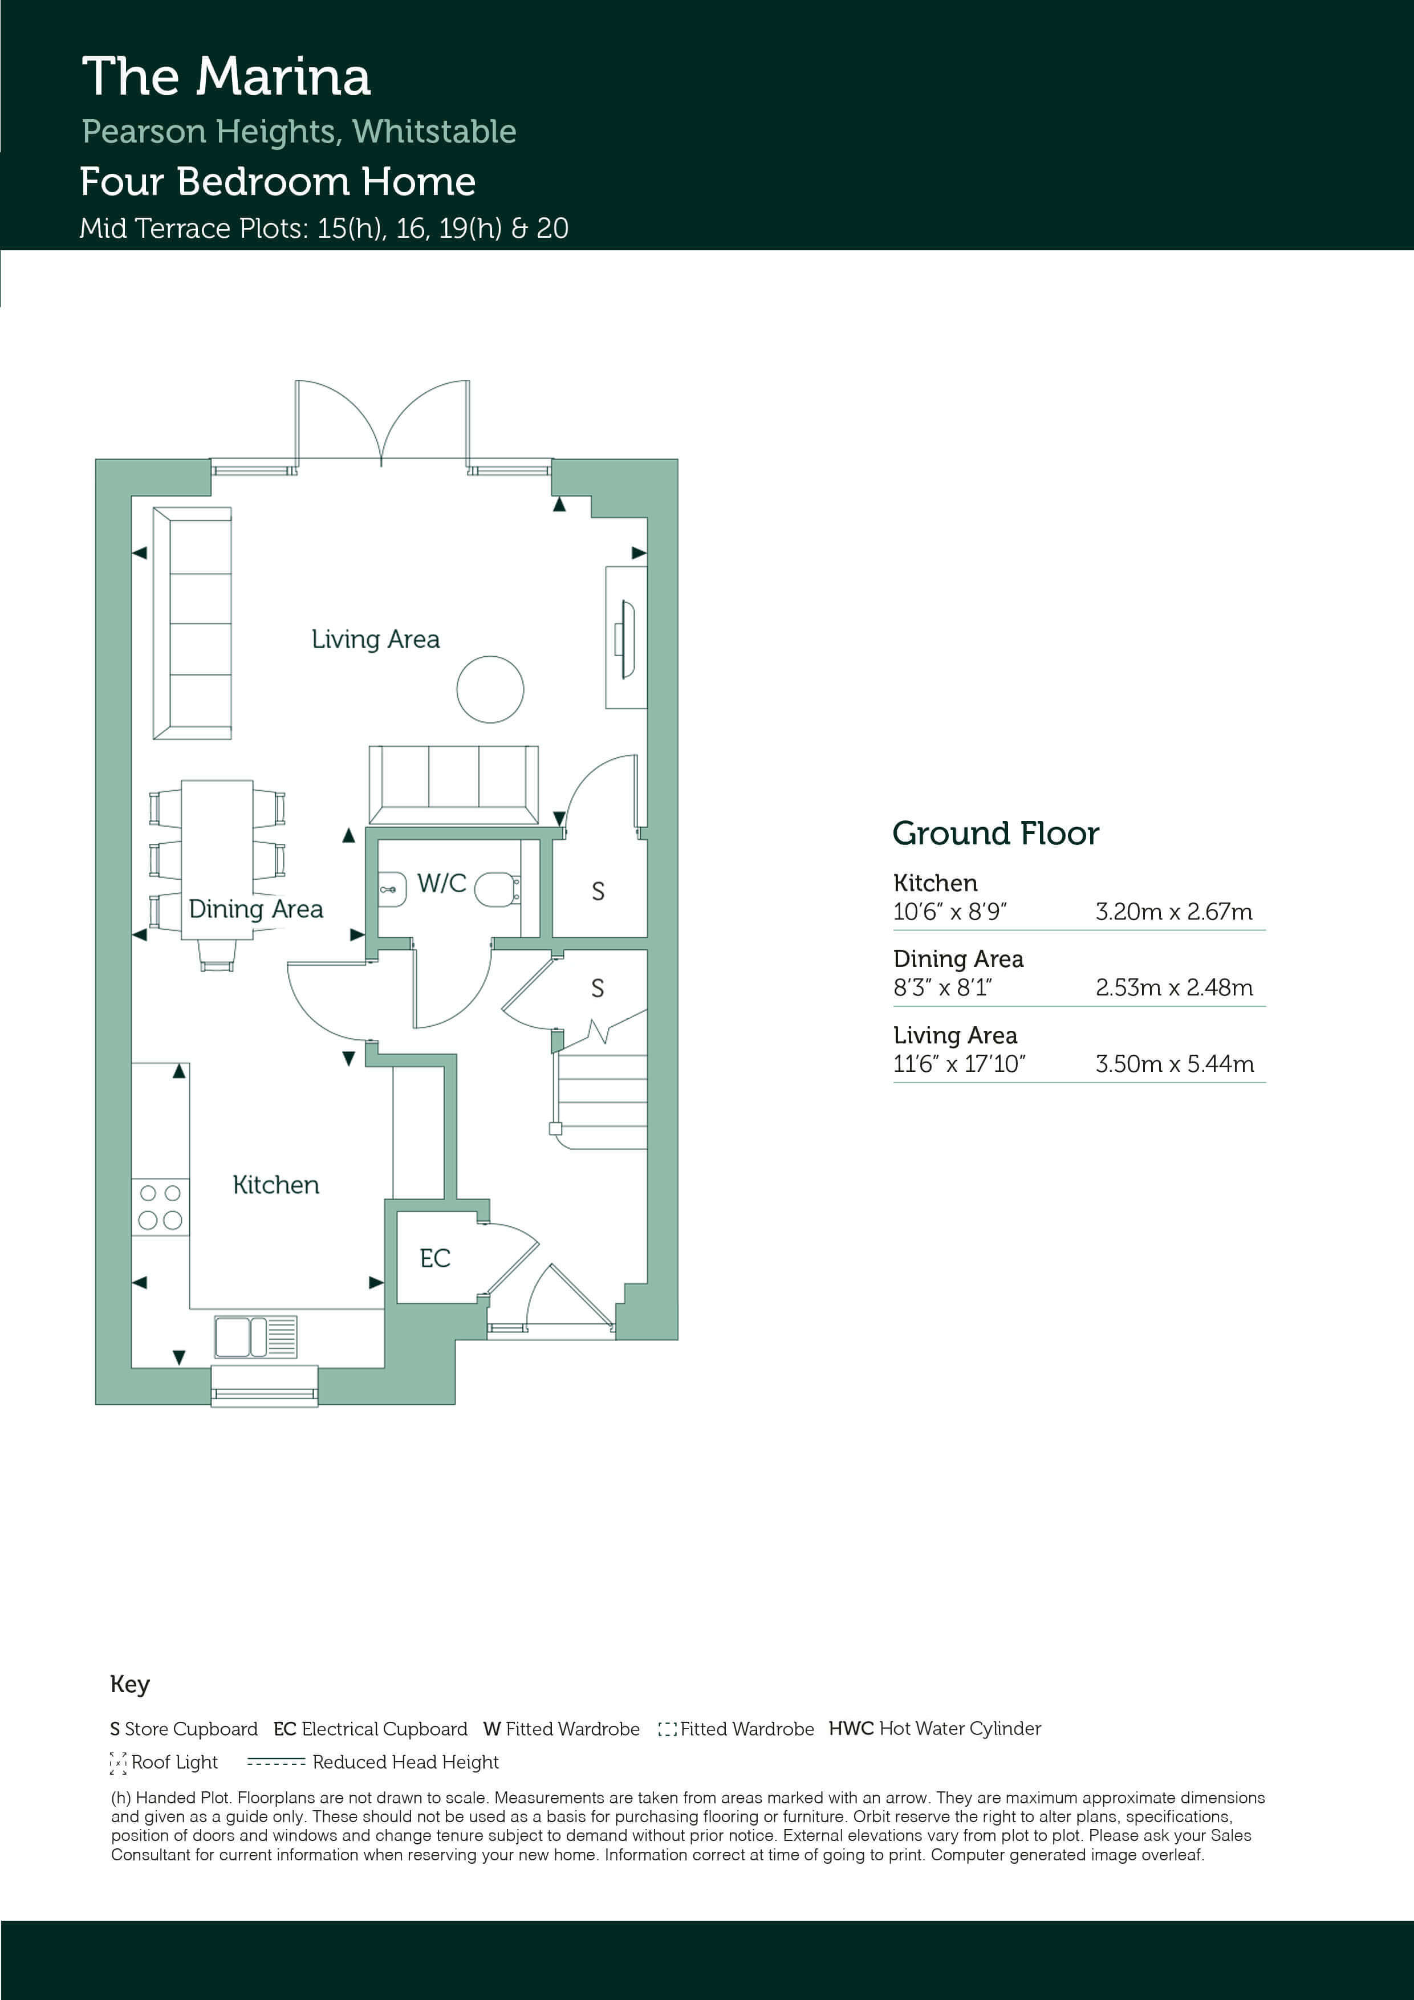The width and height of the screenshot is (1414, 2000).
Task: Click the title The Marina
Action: (x=226, y=76)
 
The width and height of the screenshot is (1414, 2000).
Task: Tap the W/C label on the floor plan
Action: (x=442, y=883)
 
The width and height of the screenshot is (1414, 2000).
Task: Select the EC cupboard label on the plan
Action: (x=434, y=1258)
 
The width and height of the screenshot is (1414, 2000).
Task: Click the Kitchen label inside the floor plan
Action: (x=276, y=1185)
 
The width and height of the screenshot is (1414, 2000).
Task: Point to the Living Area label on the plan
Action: (x=376, y=639)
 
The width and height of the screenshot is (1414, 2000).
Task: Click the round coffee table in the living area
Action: (x=490, y=689)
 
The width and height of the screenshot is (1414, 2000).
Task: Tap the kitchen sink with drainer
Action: (x=256, y=1337)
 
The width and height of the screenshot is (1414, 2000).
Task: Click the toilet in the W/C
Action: (x=498, y=889)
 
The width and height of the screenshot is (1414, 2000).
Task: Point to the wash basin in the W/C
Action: (x=392, y=889)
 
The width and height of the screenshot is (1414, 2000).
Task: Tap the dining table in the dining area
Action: (x=217, y=859)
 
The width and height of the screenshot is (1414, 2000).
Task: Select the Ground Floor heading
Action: (x=996, y=834)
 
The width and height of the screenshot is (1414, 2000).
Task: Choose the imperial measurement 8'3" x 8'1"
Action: (x=942, y=988)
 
